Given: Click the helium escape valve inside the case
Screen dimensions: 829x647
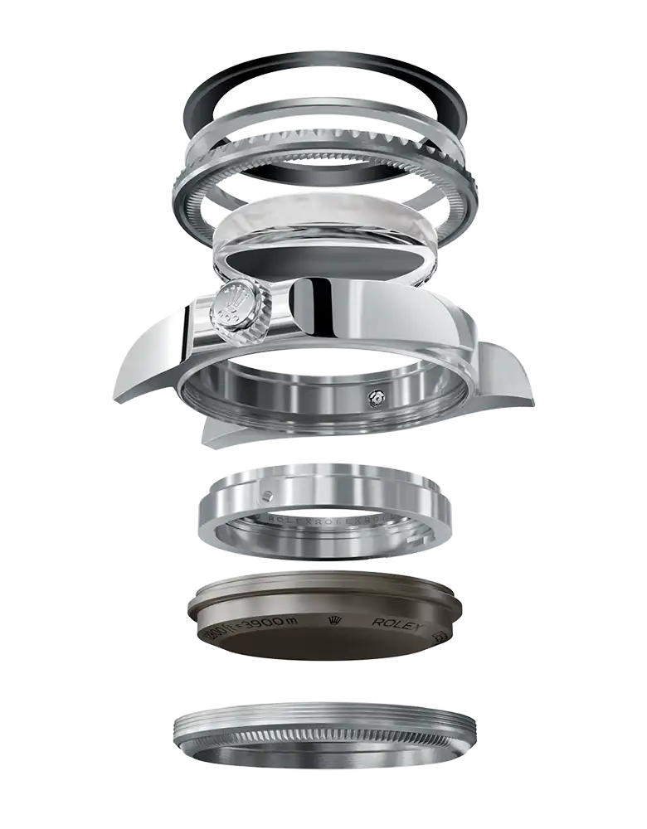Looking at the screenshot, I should click(376, 399).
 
